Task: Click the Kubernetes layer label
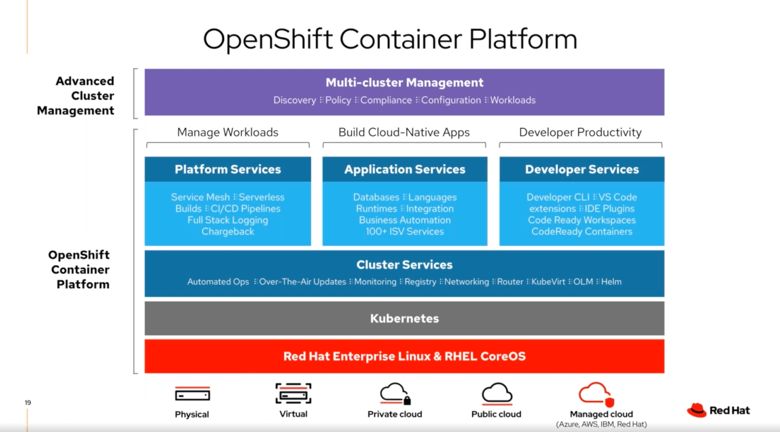click(x=404, y=318)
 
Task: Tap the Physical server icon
click(x=192, y=395)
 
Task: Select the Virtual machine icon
click(x=293, y=393)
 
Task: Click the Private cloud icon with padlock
click(x=395, y=394)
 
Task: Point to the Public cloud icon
click(x=496, y=394)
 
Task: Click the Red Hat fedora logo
click(x=697, y=410)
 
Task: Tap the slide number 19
click(x=28, y=402)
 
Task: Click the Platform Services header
click(x=228, y=169)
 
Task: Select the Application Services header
click(x=404, y=169)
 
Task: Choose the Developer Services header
click(x=581, y=169)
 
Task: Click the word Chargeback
click(x=228, y=232)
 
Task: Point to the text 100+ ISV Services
click(x=404, y=232)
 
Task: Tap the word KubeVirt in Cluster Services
click(x=548, y=282)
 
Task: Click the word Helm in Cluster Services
click(x=611, y=282)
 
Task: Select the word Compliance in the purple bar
click(x=386, y=100)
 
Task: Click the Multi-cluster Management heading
click(x=404, y=82)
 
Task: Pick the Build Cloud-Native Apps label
click(x=404, y=132)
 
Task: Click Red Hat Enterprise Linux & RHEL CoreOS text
click(x=404, y=356)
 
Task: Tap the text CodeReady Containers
click(x=581, y=232)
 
